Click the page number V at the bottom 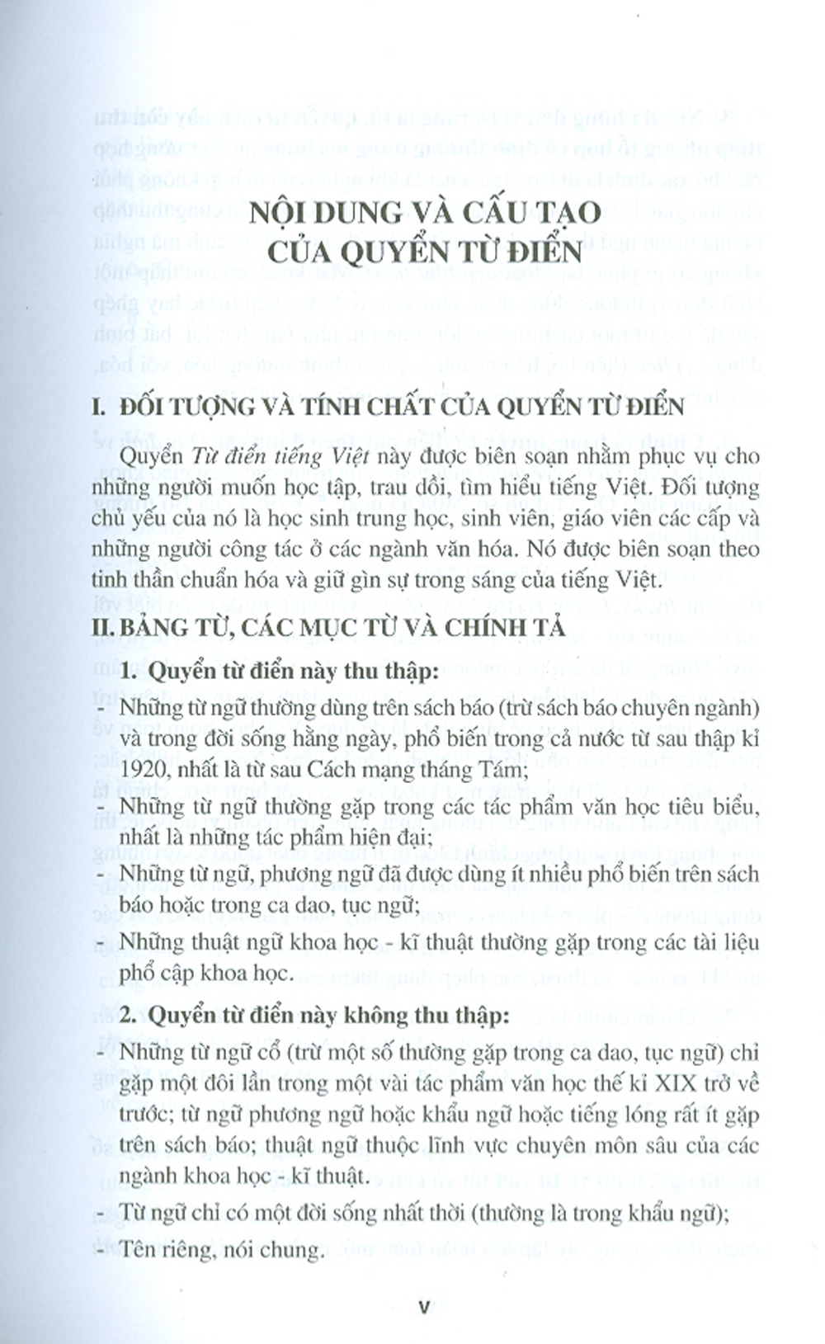pos(425,1306)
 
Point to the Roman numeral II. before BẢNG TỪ pos(102,627)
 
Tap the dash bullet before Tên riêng pos(100,1250)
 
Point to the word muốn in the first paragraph pos(253,488)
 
